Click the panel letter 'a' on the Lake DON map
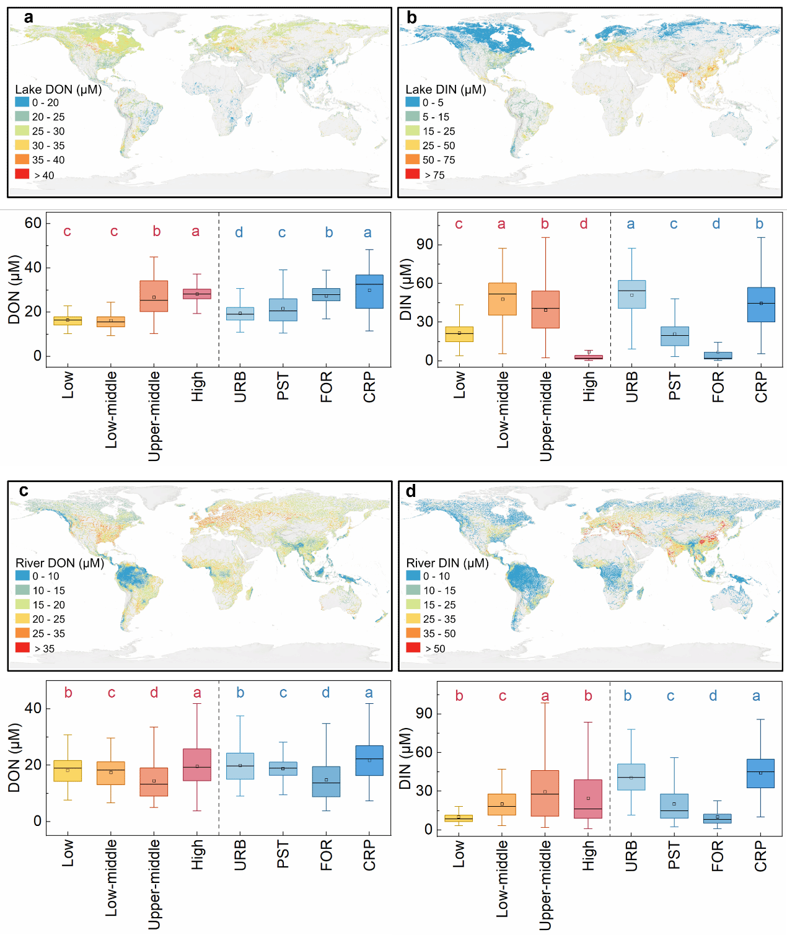(29, 17)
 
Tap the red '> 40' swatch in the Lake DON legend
(22, 174)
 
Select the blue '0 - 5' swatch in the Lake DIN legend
(413, 102)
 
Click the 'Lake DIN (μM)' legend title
(446, 89)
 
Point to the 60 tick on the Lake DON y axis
(33, 223)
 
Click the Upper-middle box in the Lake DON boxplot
(154, 296)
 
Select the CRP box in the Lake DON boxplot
(369, 291)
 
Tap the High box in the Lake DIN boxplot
(588, 357)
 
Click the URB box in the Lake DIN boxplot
(631, 294)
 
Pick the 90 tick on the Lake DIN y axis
(425, 245)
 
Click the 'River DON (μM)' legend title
(59, 563)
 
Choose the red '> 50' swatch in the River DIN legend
(413, 647)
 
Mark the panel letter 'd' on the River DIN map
(411, 491)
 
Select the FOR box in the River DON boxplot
(326, 781)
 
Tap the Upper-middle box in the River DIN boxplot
(545, 793)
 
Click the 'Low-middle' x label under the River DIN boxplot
(503, 878)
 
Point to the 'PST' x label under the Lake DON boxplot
(283, 386)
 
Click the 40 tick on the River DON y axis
(33, 708)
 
